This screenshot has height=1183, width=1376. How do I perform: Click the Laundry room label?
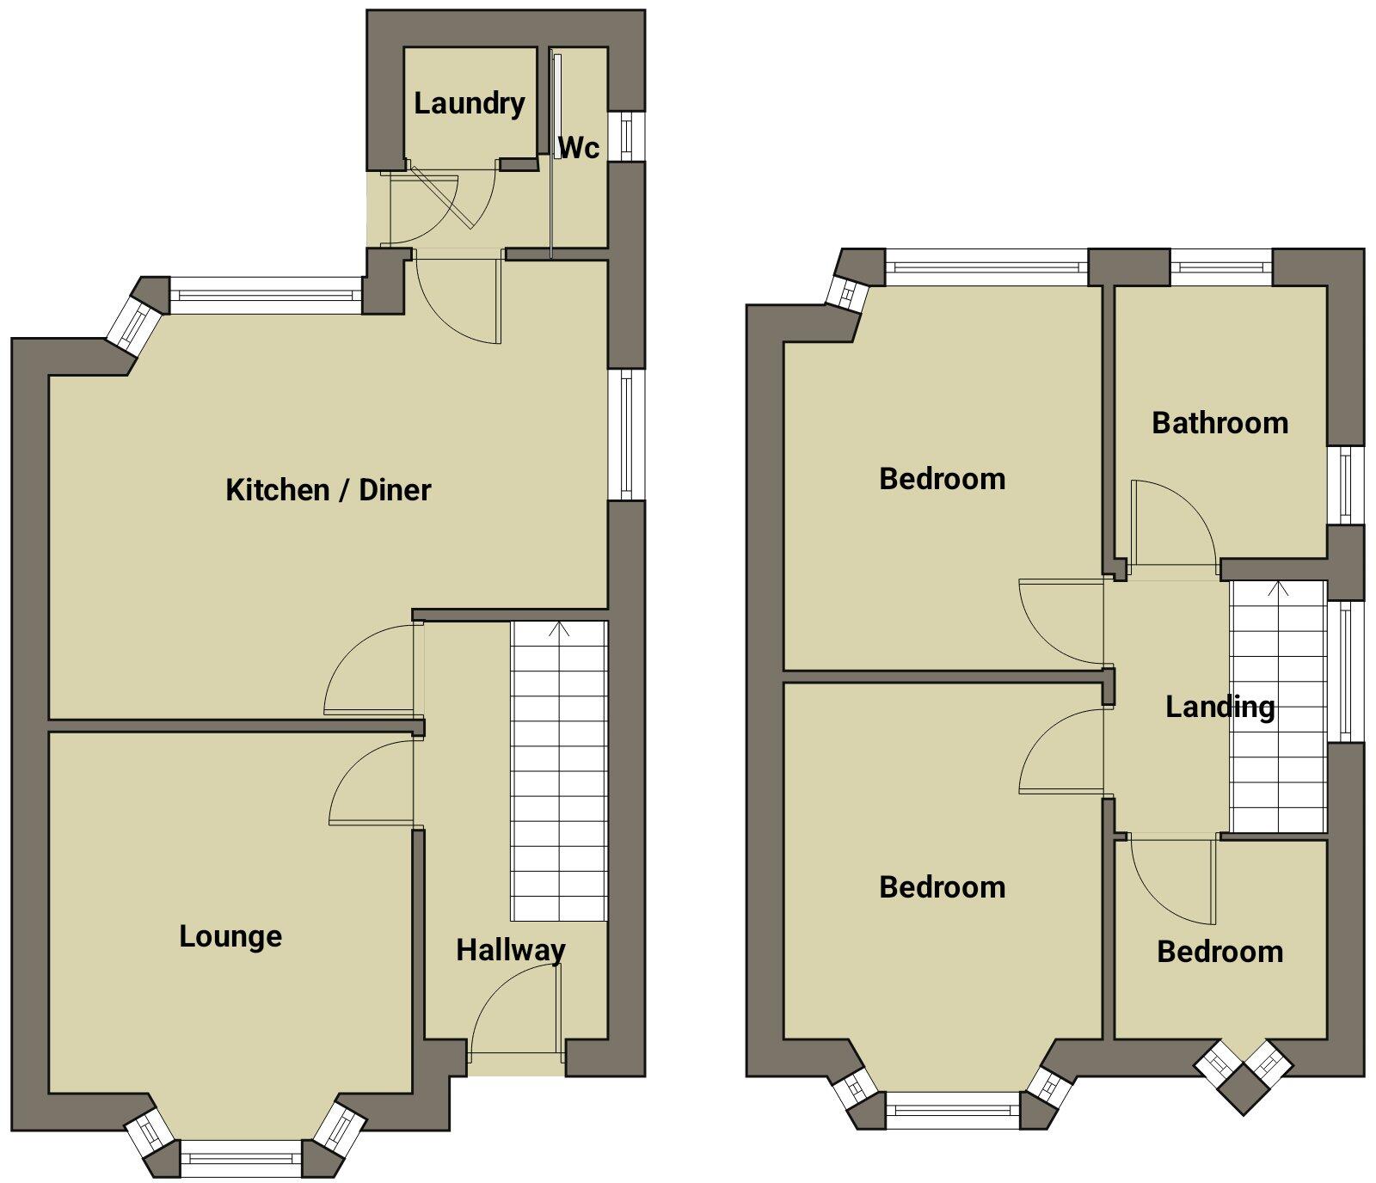click(x=469, y=104)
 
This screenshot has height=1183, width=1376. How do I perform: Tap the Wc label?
click(x=579, y=148)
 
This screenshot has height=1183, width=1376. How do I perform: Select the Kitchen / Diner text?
click(x=328, y=490)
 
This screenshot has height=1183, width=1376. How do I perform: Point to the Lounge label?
click(x=230, y=936)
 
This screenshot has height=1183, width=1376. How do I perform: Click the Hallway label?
click(x=511, y=950)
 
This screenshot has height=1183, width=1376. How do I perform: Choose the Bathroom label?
click(x=1219, y=423)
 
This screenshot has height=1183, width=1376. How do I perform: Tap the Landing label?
click(x=1219, y=708)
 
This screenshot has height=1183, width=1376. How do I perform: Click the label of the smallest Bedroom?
click(x=1219, y=952)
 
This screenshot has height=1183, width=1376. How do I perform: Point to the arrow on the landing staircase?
click(x=1278, y=590)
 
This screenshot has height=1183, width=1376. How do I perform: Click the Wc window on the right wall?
click(x=627, y=136)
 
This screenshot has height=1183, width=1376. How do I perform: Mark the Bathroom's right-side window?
click(x=1346, y=485)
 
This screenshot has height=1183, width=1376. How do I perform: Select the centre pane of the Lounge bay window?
click(x=242, y=1158)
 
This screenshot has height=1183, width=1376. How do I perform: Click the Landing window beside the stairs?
click(x=1347, y=671)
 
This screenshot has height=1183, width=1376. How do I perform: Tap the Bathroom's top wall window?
click(x=1220, y=267)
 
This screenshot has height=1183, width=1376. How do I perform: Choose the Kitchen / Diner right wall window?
click(x=627, y=435)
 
